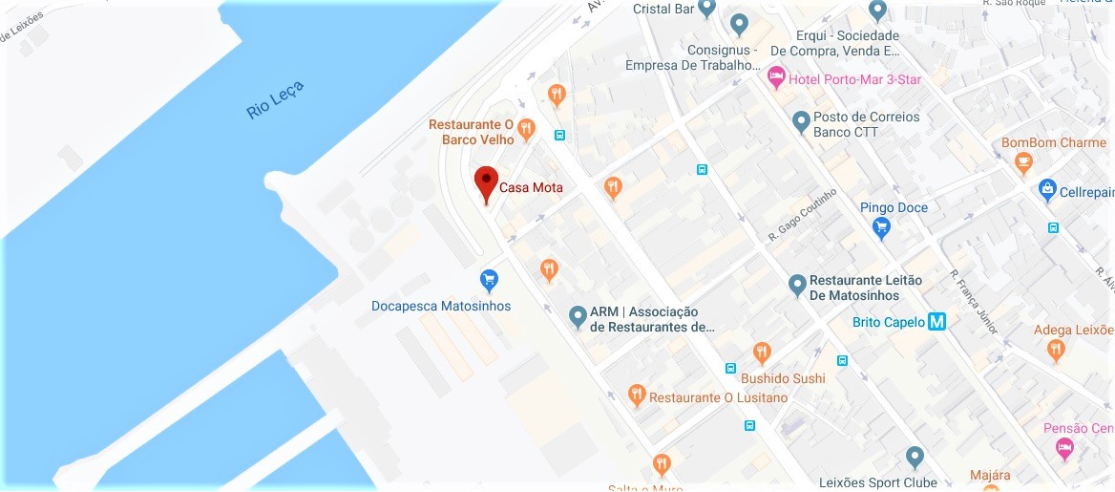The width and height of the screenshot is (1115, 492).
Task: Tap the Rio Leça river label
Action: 275,100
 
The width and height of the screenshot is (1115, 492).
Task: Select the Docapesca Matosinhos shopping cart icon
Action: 489,280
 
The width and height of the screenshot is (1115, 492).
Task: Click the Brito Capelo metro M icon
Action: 937,322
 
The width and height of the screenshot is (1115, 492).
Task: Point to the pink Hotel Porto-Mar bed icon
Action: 776,75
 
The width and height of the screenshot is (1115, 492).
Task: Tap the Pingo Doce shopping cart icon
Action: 881,227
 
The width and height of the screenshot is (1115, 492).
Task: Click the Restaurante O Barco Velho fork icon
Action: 526,128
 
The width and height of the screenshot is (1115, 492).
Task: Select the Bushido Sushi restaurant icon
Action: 762,353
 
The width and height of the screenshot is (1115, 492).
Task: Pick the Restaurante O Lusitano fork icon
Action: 637,395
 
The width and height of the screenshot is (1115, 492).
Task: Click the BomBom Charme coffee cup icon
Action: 1023,163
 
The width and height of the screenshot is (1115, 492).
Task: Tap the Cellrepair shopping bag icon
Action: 1047,188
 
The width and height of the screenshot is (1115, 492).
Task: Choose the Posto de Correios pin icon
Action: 801,121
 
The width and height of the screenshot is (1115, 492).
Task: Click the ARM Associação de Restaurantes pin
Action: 578,315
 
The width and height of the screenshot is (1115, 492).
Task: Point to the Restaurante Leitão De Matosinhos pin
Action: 797,284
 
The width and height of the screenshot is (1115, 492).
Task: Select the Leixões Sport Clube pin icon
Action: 915,457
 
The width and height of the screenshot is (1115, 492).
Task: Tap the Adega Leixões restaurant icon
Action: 1056,351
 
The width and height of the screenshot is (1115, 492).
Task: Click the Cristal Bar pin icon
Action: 706,9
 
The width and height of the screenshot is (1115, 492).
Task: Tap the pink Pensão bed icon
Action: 1064,447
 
